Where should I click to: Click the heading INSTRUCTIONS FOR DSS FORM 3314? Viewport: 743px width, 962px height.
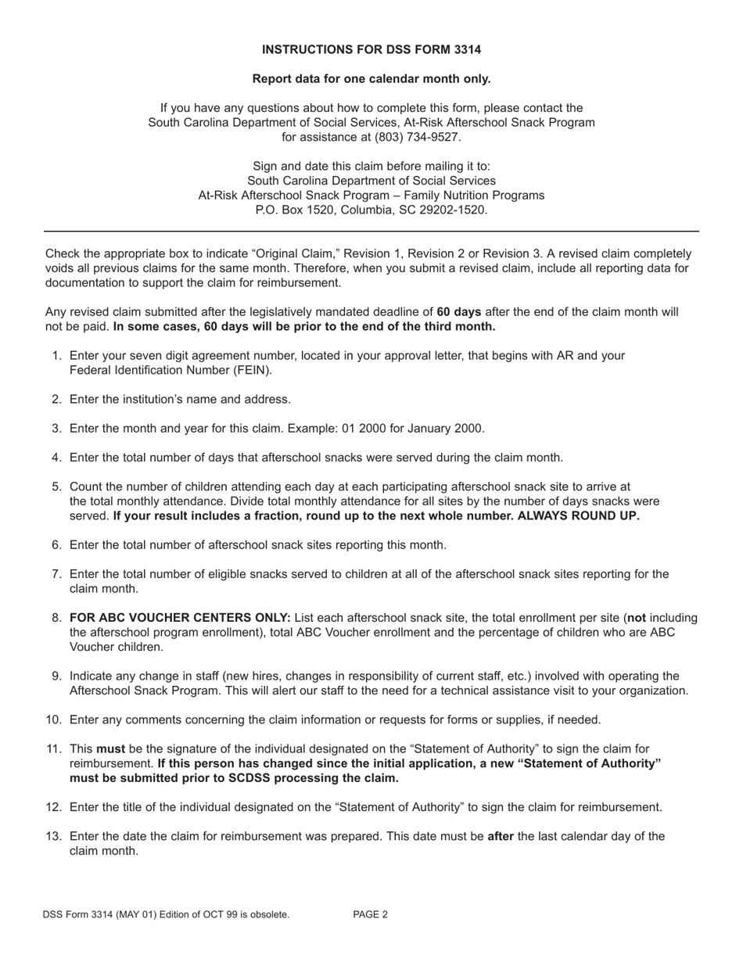(371, 50)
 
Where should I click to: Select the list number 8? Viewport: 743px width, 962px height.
(56, 618)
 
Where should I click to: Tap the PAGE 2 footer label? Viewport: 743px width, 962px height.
(371, 914)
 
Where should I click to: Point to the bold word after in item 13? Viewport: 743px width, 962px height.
(501, 836)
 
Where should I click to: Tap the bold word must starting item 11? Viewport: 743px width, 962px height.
(110, 749)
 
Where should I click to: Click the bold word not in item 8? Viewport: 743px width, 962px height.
(637, 618)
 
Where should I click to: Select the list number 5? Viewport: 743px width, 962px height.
(56, 486)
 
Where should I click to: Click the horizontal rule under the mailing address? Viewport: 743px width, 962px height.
(371, 232)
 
